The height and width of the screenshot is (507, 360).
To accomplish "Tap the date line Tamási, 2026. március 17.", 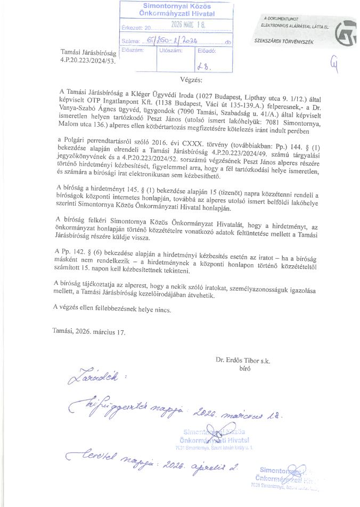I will (x=89, y=332).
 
